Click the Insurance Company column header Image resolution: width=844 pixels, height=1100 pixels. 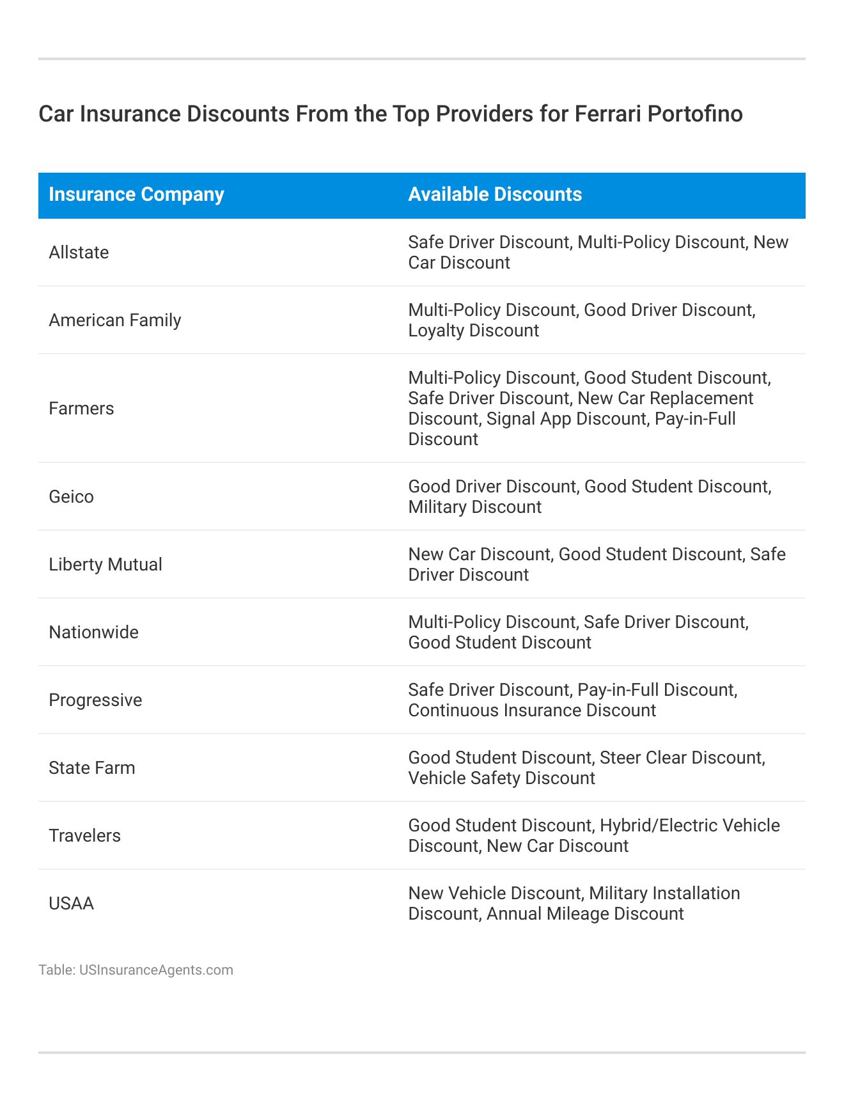coord(136,194)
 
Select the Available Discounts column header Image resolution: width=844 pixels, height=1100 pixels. coord(495,194)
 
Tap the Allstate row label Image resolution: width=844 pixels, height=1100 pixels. coord(79,253)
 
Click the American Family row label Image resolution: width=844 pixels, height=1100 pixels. coord(115,320)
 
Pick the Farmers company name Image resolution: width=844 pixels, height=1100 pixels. coord(81,409)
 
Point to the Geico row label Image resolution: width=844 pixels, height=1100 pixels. coord(71,497)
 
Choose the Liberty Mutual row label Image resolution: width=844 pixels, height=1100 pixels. coord(105,565)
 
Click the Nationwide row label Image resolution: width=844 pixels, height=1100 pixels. coord(93,632)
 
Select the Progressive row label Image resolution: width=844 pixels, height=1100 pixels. coord(95,700)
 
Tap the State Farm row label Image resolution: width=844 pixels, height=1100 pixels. coord(92,768)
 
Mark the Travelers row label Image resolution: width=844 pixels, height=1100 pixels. coord(84,836)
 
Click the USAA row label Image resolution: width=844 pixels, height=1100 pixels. coord(71,904)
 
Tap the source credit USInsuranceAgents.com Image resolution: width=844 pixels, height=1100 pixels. coord(156,970)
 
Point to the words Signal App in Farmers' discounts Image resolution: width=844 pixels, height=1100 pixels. coord(526,419)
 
